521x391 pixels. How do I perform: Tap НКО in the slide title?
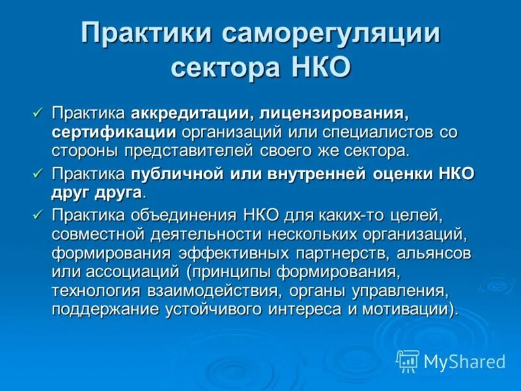coord(319,66)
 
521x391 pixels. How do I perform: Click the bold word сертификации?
coord(114,132)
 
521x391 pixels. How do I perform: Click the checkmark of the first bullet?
coord(37,113)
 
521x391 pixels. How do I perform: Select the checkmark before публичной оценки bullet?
coord(37,173)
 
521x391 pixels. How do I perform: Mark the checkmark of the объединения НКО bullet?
coord(37,214)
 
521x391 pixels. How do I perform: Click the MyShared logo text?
coord(464,361)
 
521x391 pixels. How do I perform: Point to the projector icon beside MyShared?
coord(407,360)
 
